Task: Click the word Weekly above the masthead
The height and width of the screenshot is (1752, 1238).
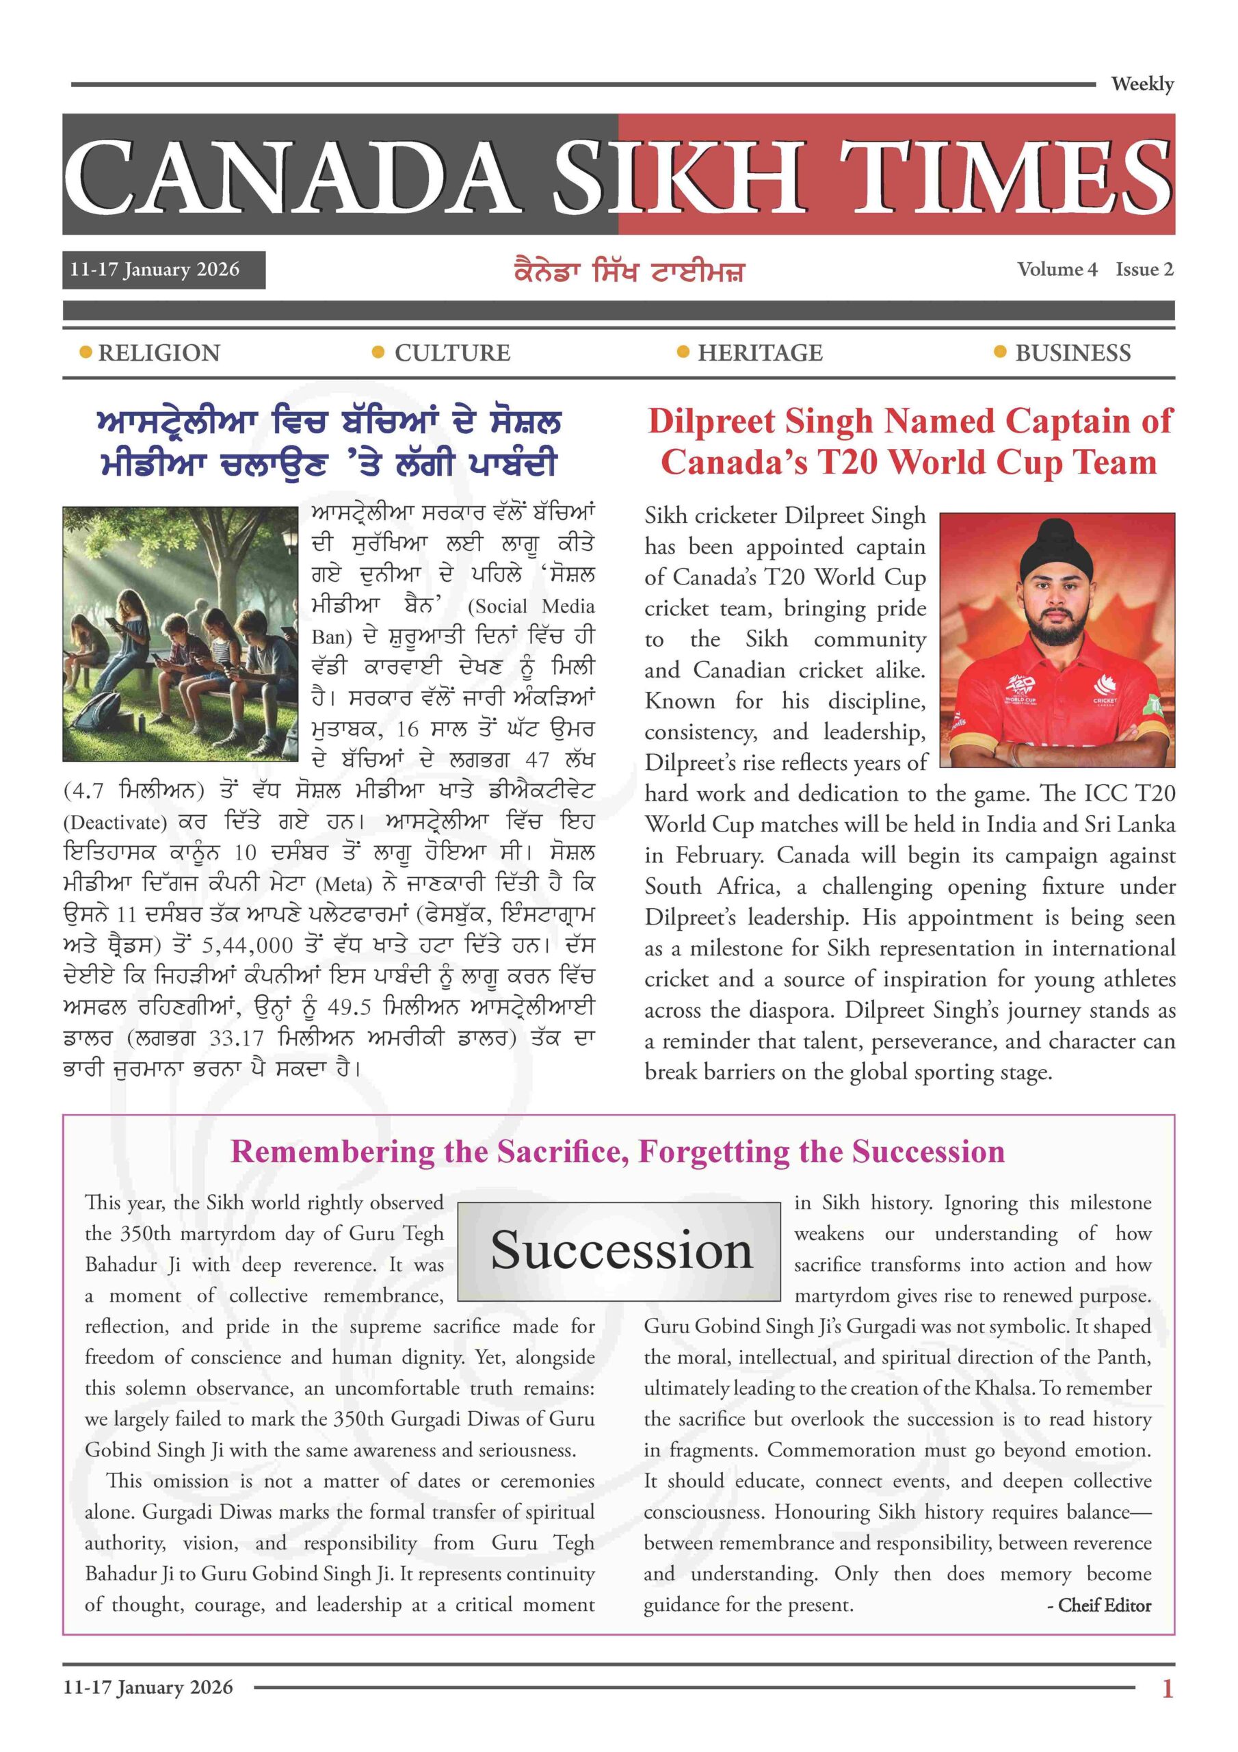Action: [x=1142, y=84]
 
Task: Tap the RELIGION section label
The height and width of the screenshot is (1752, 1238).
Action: [x=159, y=353]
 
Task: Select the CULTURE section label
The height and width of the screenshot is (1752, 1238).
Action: [x=452, y=353]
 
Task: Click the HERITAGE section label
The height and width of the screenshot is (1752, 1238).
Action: [x=760, y=353]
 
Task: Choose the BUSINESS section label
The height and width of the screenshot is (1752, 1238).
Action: [x=1072, y=353]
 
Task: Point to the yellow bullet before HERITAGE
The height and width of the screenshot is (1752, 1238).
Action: [x=683, y=352]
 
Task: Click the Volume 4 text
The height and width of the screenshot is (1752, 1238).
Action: [x=1057, y=270]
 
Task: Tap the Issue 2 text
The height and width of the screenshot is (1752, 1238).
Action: [x=1144, y=270]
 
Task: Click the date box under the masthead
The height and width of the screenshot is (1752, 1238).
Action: [x=163, y=270]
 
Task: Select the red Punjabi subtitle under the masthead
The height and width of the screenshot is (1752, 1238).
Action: [x=629, y=272]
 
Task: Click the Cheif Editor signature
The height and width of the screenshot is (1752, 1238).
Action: [x=1098, y=1606]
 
